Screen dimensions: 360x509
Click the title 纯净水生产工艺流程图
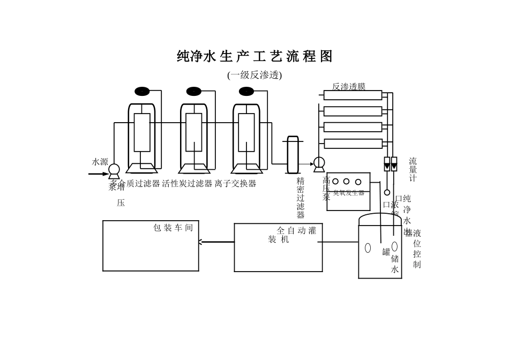pos(254,56)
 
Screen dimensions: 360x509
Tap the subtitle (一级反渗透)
pos(254,75)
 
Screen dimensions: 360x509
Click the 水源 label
pos(100,162)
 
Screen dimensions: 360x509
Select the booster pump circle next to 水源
pos(114,170)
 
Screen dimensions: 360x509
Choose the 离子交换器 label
pos(235,184)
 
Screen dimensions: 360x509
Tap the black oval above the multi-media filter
pos(141,91)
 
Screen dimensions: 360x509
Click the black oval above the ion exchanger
pos(246,91)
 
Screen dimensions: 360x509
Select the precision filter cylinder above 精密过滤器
pos(293,155)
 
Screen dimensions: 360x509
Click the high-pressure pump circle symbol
pos(319,162)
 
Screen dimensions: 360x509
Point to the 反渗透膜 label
pos(349,86)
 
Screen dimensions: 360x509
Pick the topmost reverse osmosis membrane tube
pos(353,95)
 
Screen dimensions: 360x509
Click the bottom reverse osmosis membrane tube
pos(353,144)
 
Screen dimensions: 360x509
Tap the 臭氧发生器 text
pos(348,193)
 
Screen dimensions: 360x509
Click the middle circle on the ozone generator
pos(347,182)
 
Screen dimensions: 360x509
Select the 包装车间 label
pos(173,228)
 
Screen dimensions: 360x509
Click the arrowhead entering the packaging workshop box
pos(200,242)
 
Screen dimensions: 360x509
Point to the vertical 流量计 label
pos(413,169)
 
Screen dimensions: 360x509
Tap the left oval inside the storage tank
pos(368,248)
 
